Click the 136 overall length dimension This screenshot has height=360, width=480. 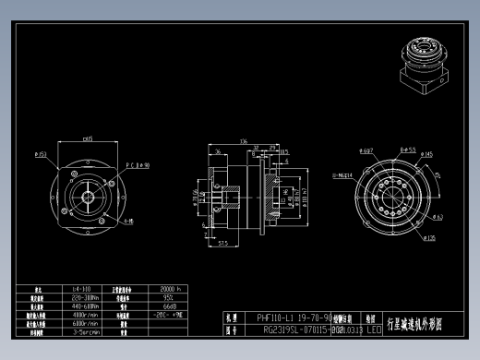point(243,141)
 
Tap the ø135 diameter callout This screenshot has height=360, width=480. point(429,237)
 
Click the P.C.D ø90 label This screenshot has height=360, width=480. point(138,166)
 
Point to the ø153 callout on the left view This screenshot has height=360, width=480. point(41,154)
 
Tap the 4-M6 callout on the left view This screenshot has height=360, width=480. point(130,222)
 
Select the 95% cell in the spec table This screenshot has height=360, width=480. point(169,297)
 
